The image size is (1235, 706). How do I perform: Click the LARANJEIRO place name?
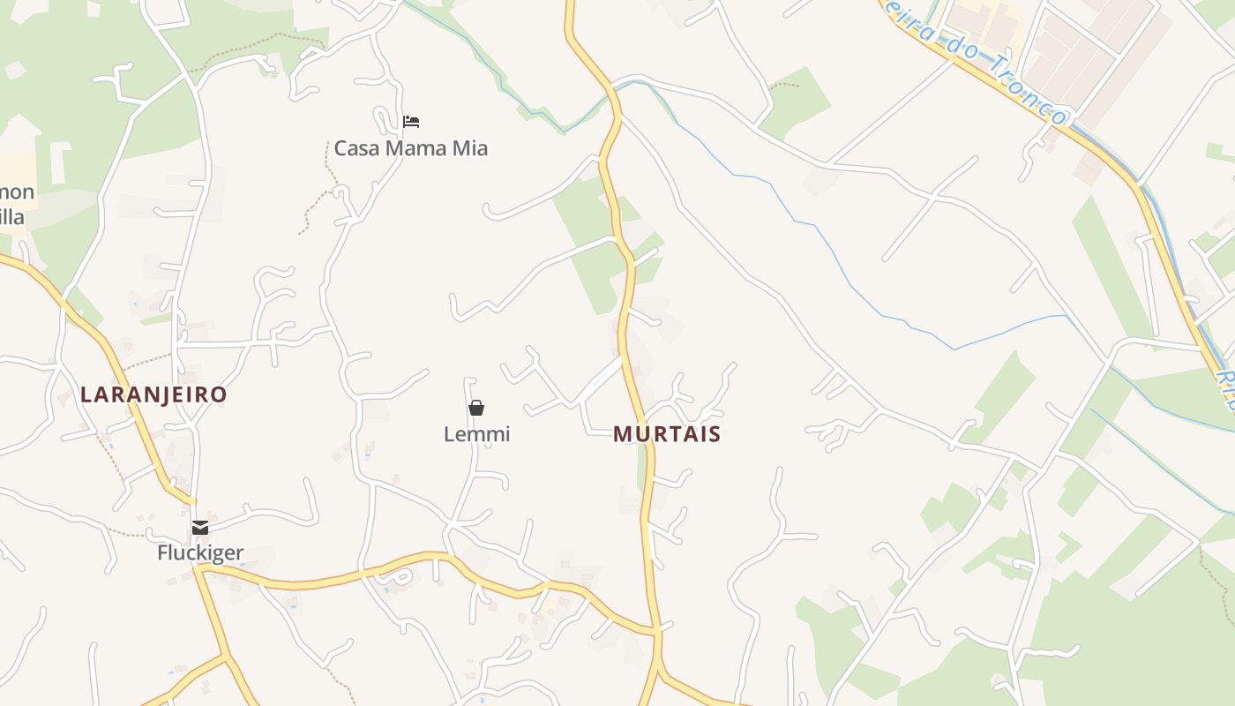153,394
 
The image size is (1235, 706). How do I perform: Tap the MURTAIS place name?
667,434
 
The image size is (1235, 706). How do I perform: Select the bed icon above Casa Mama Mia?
411,122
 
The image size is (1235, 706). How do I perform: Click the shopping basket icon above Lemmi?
476,408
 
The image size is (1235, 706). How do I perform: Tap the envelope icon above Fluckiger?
200,528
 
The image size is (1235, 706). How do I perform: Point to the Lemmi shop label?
476,434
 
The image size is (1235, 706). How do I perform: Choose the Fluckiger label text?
200,553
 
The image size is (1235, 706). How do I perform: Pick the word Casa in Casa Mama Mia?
356,148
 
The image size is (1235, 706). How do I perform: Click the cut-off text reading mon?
17,192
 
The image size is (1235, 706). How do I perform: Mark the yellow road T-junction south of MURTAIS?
657,631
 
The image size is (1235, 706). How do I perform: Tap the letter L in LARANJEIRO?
86,394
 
